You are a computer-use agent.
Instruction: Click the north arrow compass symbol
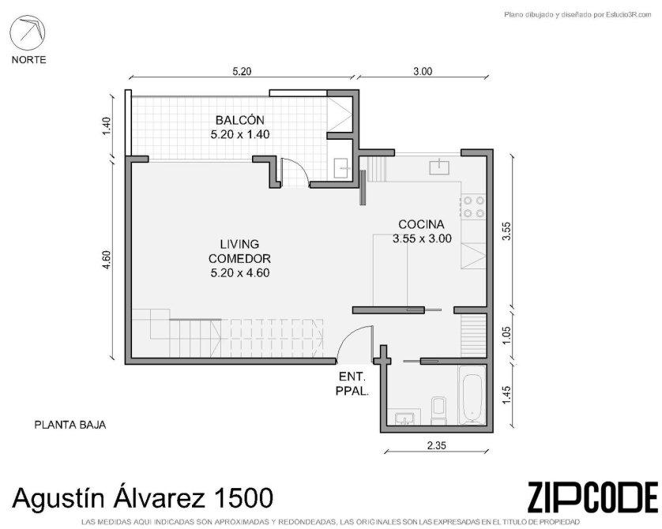point(28,33)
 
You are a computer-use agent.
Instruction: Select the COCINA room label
point(421,224)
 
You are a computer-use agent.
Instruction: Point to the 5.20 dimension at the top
point(242,71)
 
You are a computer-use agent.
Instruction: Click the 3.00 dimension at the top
point(423,71)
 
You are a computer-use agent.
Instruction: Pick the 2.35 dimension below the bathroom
point(437,445)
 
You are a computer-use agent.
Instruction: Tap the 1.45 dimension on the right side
point(507,395)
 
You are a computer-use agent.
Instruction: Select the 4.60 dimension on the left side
point(106,261)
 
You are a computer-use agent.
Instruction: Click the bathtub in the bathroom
point(472,395)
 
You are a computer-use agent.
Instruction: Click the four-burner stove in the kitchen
point(474,207)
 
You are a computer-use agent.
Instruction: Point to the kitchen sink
point(439,167)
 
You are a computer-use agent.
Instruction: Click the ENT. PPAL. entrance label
point(352,384)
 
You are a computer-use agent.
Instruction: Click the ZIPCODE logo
point(592,497)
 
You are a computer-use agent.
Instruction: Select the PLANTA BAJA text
point(70,425)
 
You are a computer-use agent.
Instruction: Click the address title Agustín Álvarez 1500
point(142,497)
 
